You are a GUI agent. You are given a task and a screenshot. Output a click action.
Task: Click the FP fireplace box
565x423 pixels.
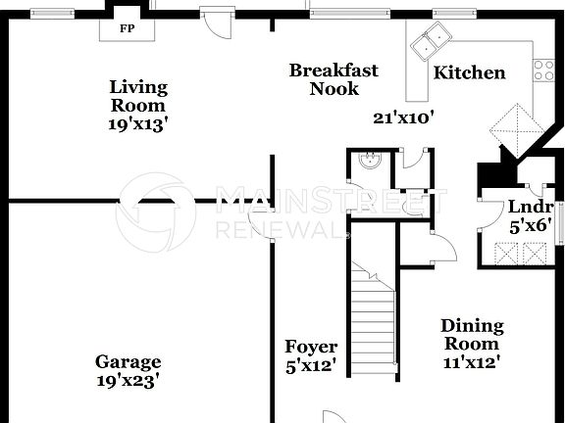[x=127, y=28]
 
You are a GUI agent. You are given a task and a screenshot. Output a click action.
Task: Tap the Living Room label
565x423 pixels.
[x=137, y=96]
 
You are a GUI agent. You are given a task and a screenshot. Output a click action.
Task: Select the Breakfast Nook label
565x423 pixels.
[x=334, y=79]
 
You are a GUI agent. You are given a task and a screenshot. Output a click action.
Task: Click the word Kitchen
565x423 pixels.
[x=470, y=72]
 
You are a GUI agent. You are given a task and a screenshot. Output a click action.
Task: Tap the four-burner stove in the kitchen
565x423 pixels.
[x=542, y=69]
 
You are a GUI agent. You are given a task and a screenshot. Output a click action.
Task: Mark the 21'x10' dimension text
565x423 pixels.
[x=403, y=117]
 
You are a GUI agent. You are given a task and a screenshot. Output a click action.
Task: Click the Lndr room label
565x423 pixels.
[x=530, y=207]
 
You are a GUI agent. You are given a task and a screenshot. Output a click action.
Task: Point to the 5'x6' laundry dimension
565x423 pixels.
[x=530, y=225]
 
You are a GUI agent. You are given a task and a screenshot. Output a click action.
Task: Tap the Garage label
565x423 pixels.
[x=128, y=361]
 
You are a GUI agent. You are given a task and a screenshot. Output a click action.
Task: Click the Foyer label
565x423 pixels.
[x=311, y=347]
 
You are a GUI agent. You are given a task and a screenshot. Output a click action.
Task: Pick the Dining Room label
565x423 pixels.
[x=472, y=334]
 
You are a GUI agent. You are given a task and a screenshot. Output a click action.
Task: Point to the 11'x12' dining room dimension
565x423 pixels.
[x=472, y=361]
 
